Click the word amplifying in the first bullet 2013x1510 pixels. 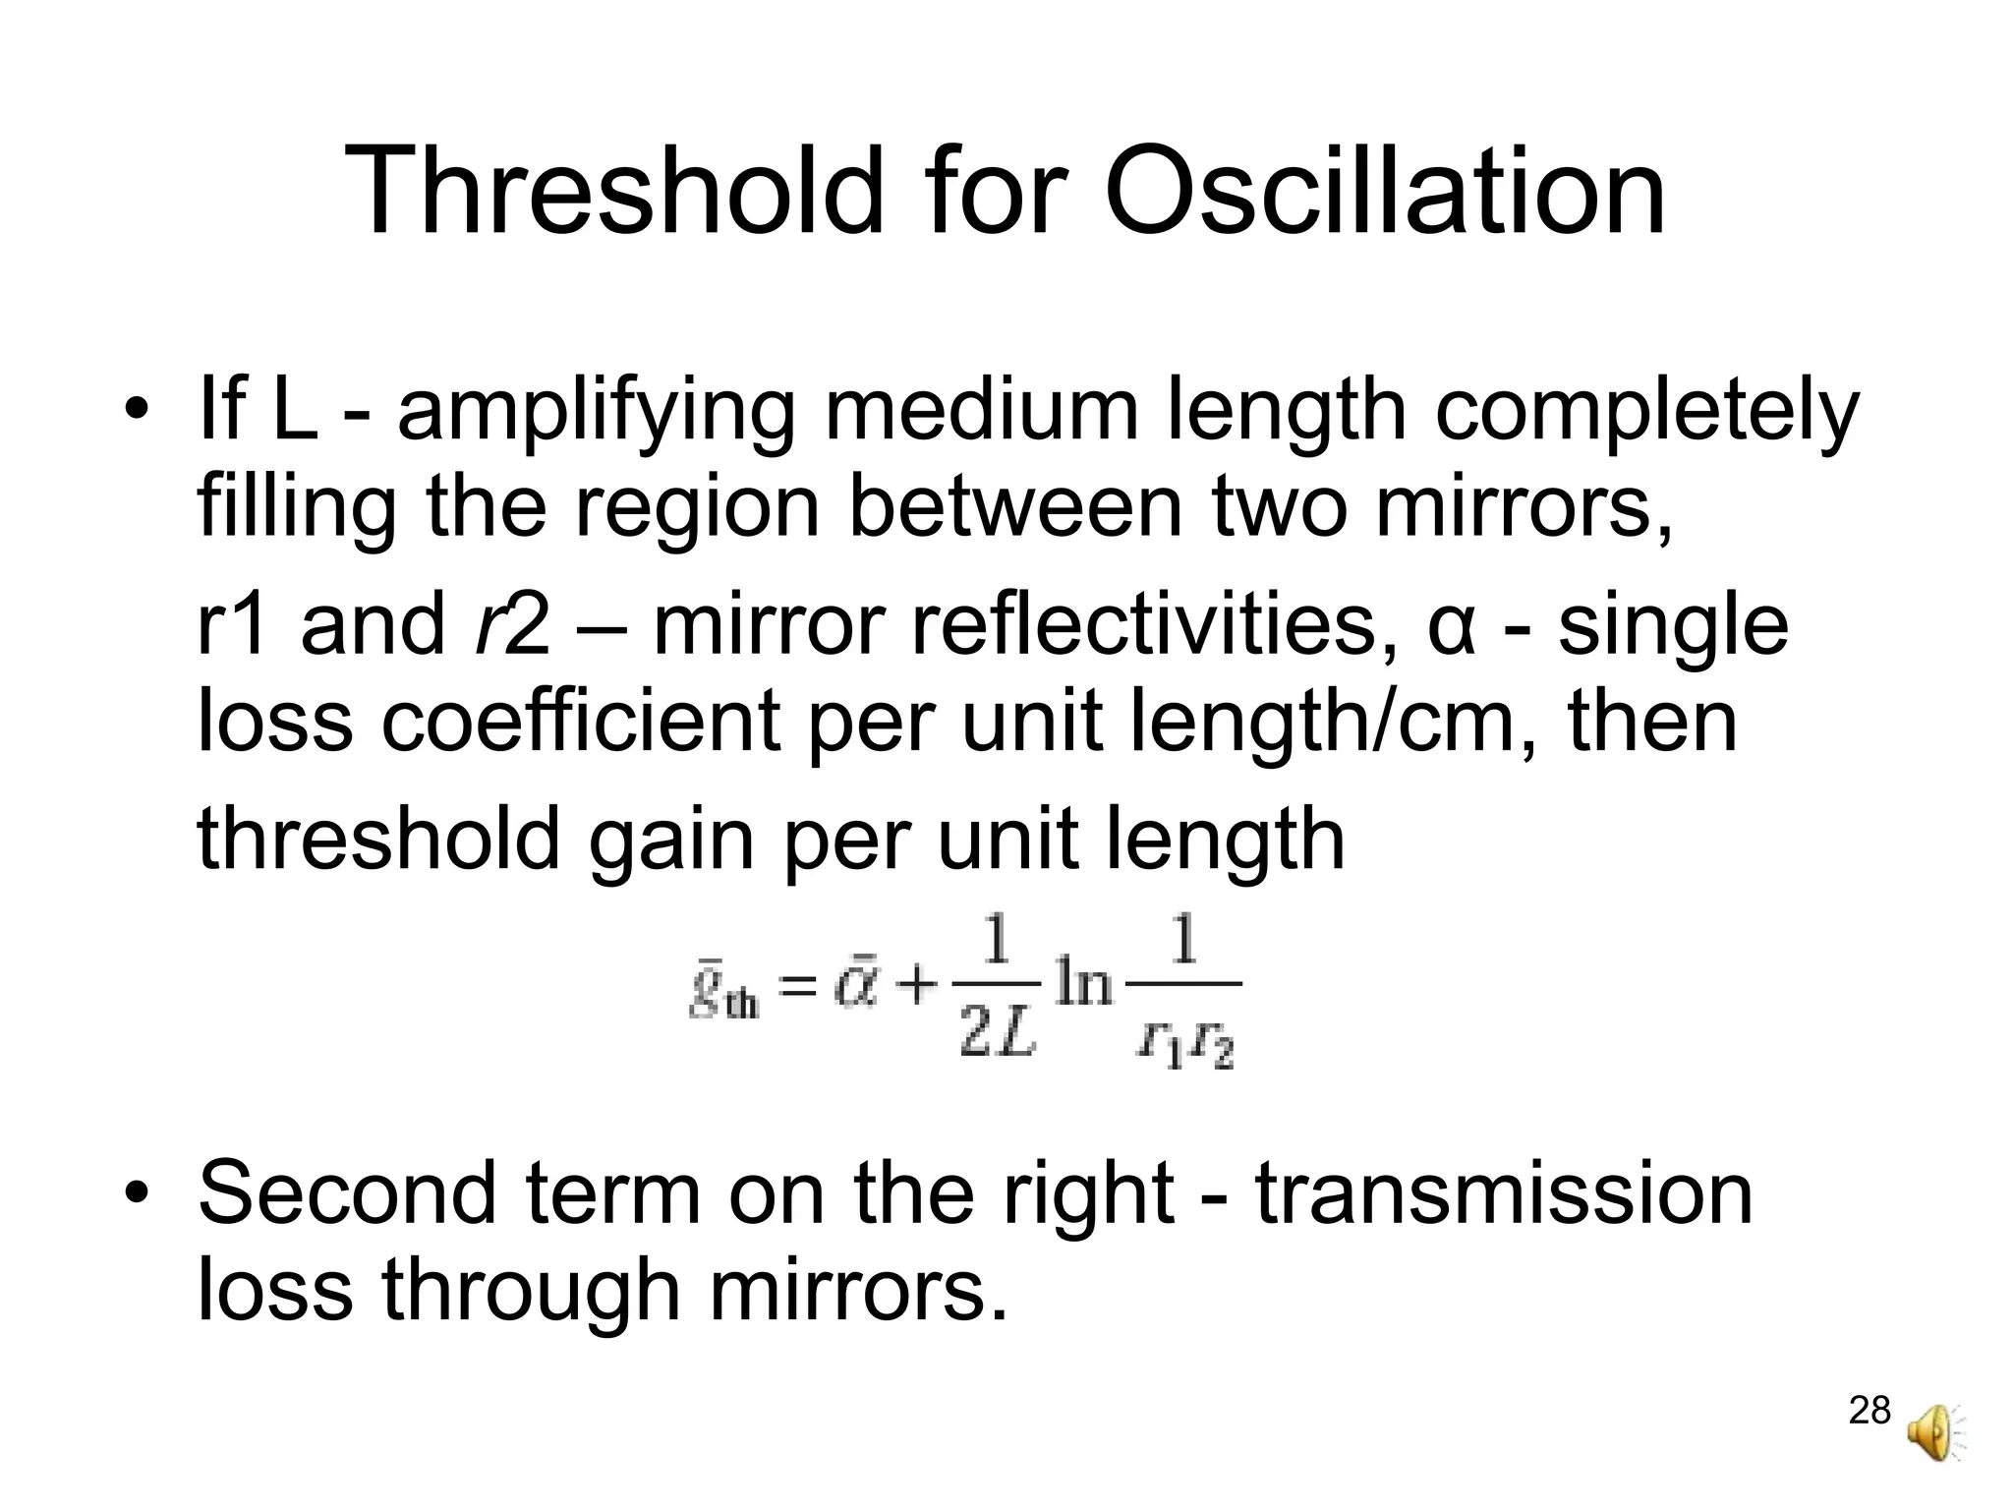[596, 413]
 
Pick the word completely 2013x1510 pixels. [1646, 413]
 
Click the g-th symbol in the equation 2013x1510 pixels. [722, 994]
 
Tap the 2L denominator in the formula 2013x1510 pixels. [997, 1037]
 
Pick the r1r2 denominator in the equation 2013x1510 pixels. [1184, 1043]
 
